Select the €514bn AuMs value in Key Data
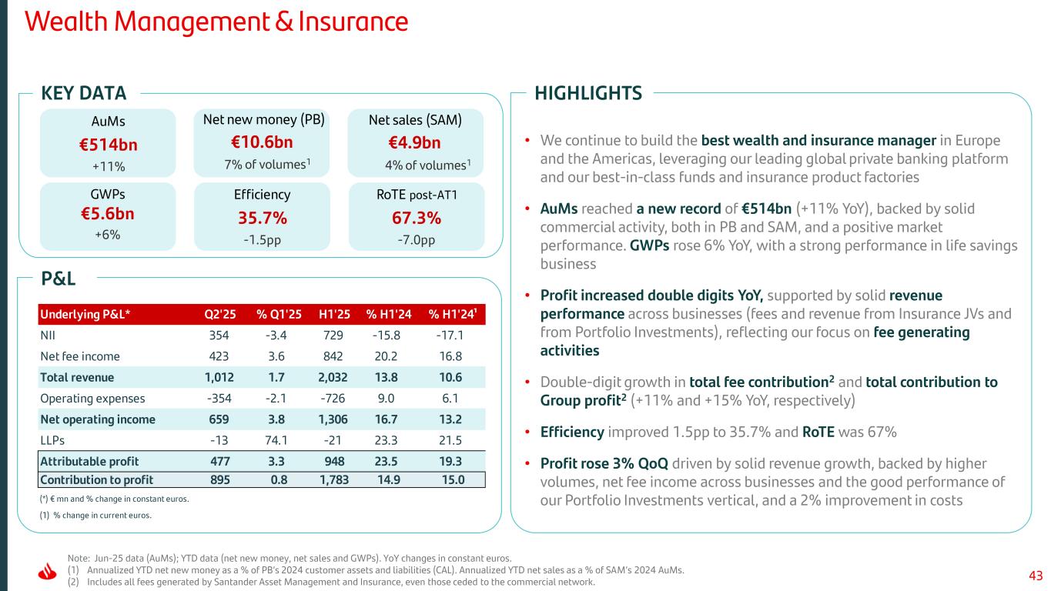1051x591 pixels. tap(107, 144)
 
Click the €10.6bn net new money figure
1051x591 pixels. tap(262, 142)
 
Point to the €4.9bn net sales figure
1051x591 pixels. tap(415, 143)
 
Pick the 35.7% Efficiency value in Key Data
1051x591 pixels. tap(262, 218)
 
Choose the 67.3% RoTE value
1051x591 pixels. tap(416, 218)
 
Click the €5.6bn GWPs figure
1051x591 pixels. tap(107, 213)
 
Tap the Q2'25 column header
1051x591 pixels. tap(219, 313)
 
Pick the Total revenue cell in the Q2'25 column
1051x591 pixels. tap(219, 377)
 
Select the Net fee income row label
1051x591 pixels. tap(80, 356)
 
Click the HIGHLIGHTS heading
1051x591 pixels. tap(588, 94)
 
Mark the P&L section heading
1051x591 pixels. tap(58, 279)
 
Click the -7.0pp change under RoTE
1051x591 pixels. tap(416, 239)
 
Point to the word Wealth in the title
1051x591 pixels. tap(64, 21)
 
